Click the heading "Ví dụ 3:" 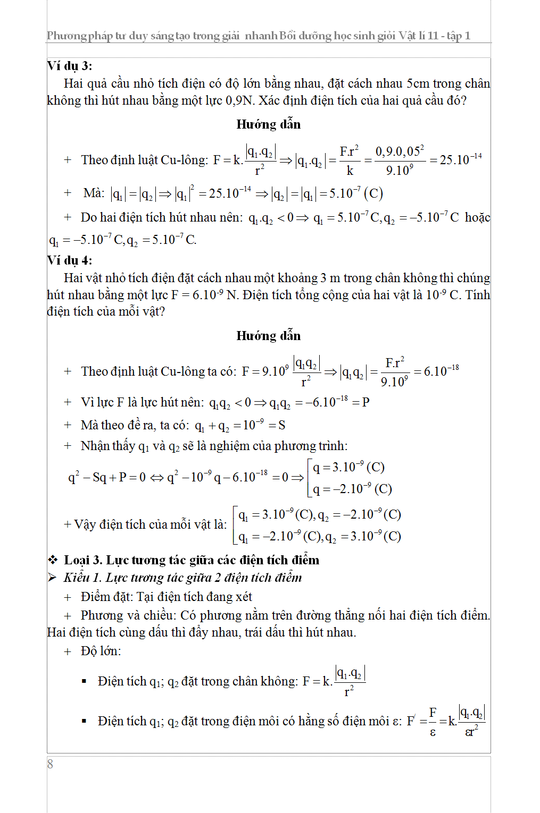(70, 66)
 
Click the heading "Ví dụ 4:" (70, 260)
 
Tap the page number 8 (50, 765)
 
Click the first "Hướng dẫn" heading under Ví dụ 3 (269, 124)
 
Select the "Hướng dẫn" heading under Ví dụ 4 (269, 336)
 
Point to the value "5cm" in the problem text (418, 83)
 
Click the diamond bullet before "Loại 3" (53, 560)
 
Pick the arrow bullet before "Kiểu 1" (52, 578)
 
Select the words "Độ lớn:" (101, 651)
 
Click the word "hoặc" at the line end (477, 217)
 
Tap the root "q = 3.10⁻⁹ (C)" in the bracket (348, 467)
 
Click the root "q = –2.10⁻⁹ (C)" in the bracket (352, 489)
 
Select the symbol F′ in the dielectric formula (411, 721)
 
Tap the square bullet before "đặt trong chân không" (84, 681)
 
